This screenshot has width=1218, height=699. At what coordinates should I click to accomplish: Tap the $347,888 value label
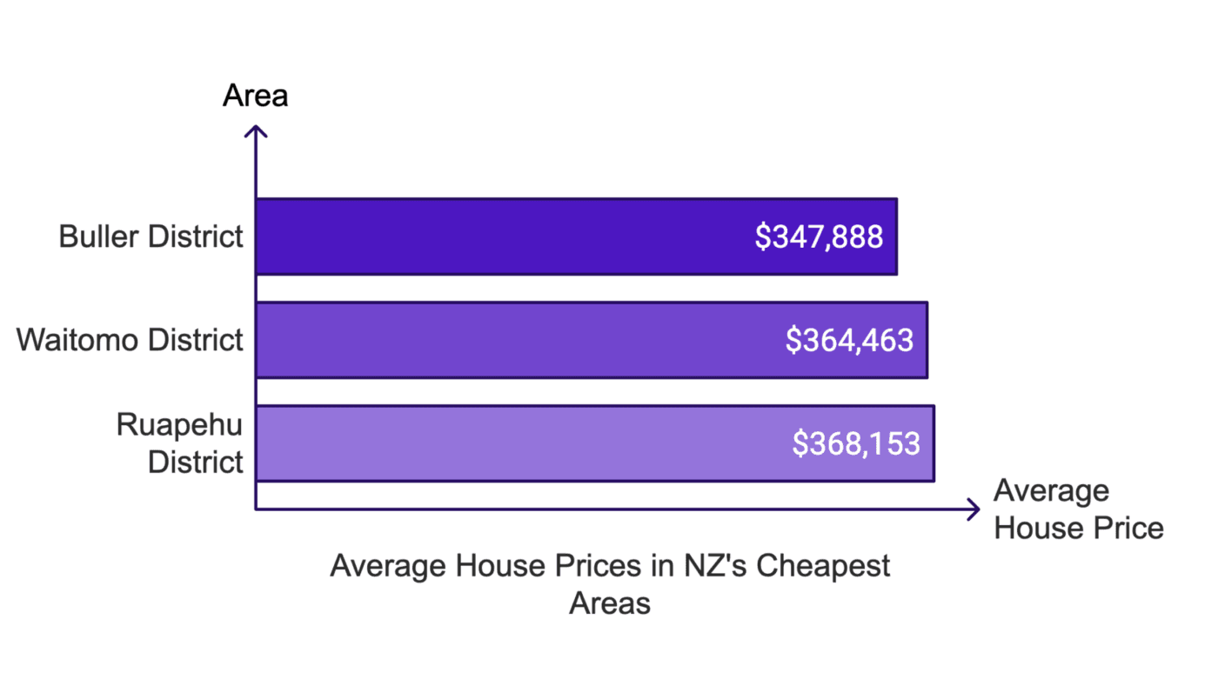tap(819, 237)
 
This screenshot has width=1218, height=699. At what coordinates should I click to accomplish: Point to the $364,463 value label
tap(849, 340)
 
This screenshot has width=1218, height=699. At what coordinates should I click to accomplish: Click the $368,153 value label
tap(856, 443)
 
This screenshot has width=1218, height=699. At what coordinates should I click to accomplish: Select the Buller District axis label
tap(151, 236)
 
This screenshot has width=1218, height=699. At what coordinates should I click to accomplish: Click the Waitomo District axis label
tap(130, 340)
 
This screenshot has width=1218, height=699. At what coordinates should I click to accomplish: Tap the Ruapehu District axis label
tap(180, 443)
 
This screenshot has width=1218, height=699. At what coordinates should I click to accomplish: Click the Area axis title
tap(255, 96)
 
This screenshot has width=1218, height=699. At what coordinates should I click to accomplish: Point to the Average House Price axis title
tap(1078, 509)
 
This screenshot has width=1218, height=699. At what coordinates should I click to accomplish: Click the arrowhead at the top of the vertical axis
tap(256, 130)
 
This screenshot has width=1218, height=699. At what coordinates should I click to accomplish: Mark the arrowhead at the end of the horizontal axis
tap(975, 509)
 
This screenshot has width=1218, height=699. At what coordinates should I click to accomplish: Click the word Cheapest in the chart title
tap(823, 567)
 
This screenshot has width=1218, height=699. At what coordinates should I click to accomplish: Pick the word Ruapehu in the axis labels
tap(180, 426)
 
